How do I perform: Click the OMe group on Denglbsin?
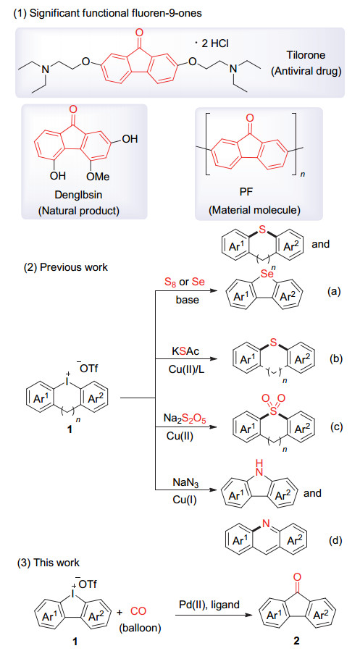pos(98,177)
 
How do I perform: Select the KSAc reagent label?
pos(185,351)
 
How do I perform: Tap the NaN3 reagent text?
pos(185,482)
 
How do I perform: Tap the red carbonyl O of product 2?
pos(296,576)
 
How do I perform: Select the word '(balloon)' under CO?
pos(140,628)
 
